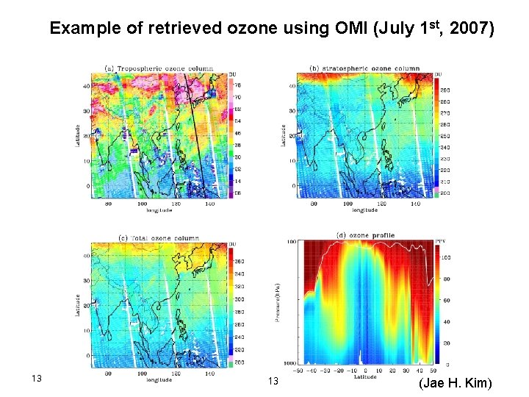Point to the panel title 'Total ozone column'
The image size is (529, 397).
coord(164,237)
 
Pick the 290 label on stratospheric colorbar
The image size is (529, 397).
coord(445,89)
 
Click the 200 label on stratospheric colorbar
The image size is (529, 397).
coord(445,192)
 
